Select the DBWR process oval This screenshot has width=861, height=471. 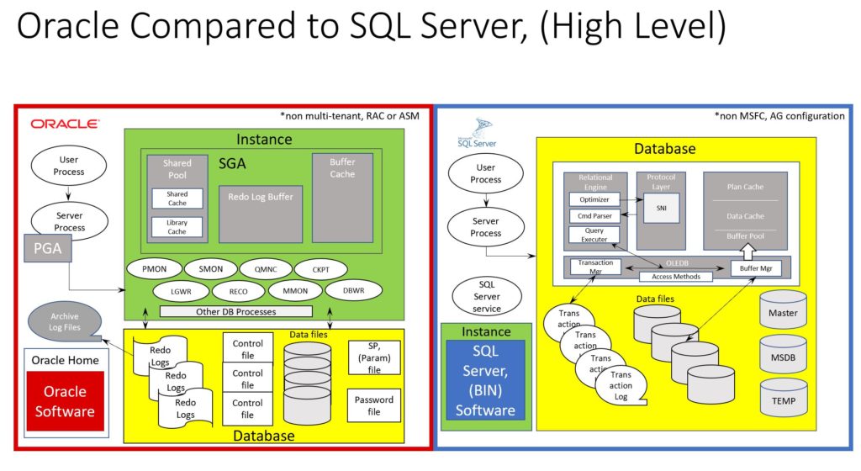click(x=354, y=290)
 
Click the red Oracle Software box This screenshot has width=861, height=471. click(x=65, y=402)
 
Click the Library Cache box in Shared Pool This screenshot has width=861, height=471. click(x=177, y=226)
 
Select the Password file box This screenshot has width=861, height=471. click(x=373, y=406)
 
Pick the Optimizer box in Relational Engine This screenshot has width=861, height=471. click(x=594, y=199)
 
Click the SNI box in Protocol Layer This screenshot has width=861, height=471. click(x=661, y=208)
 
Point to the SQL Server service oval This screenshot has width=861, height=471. click(x=486, y=296)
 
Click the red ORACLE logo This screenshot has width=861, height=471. click(x=65, y=124)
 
